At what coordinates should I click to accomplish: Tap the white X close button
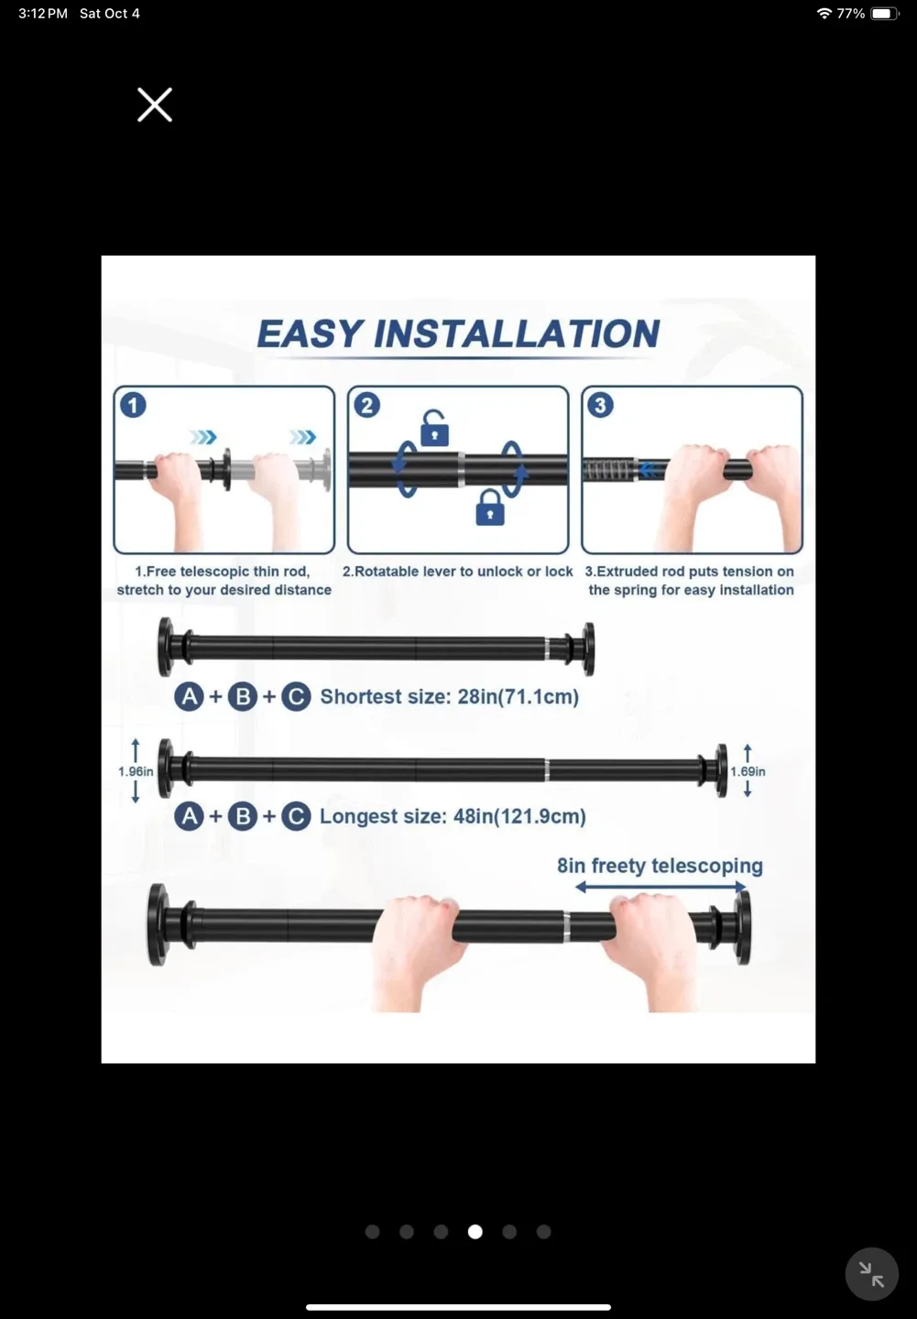[155, 104]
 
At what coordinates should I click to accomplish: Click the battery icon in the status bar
[885, 14]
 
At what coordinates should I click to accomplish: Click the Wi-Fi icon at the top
[824, 14]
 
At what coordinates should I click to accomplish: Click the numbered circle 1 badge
[133, 405]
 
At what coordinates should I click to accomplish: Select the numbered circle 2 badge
[366, 405]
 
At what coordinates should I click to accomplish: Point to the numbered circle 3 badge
[600, 405]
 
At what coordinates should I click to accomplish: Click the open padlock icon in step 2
[434, 428]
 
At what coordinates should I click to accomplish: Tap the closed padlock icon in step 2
[490, 507]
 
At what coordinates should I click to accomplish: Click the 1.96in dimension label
[136, 771]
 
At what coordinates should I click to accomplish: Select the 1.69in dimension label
[748, 771]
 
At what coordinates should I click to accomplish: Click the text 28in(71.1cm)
[518, 697]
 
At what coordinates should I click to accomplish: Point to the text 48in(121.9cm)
[519, 816]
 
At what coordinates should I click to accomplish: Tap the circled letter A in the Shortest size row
[190, 697]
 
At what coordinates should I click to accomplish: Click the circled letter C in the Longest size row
[296, 816]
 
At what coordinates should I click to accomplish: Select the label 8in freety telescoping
[660, 866]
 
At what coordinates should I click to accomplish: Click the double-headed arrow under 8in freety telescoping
[661, 887]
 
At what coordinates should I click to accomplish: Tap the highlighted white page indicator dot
[475, 1232]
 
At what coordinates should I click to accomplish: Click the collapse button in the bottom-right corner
[871, 1274]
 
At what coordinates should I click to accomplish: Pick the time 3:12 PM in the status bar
[43, 14]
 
